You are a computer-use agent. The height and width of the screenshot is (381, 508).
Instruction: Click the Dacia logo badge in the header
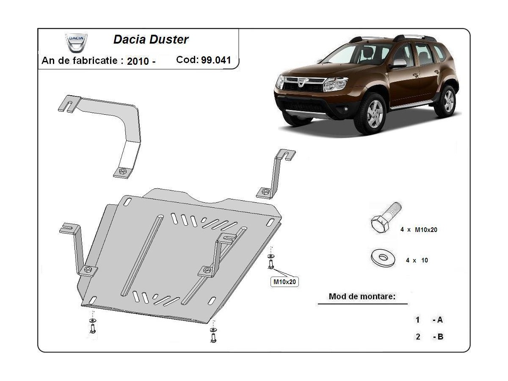(x=76, y=42)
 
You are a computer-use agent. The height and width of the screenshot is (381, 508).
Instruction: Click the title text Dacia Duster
(x=151, y=40)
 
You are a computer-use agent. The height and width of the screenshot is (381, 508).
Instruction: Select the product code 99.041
(x=216, y=60)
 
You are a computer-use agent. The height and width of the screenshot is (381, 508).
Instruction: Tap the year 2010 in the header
(x=138, y=61)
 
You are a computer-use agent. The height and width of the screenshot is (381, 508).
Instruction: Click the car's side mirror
(x=398, y=63)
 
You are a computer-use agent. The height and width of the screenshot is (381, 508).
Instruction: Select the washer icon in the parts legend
(x=382, y=257)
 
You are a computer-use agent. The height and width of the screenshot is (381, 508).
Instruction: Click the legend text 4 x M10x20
(x=419, y=230)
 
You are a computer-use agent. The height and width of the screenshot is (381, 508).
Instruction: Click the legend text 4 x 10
(x=417, y=260)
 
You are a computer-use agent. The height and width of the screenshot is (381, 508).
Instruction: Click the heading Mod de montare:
(x=362, y=296)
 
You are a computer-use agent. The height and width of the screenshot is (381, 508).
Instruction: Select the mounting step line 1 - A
(x=429, y=320)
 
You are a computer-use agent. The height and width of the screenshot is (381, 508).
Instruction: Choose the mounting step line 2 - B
(x=429, y=337)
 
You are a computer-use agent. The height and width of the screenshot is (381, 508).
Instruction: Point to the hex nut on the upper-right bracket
(x=265, y=192)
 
